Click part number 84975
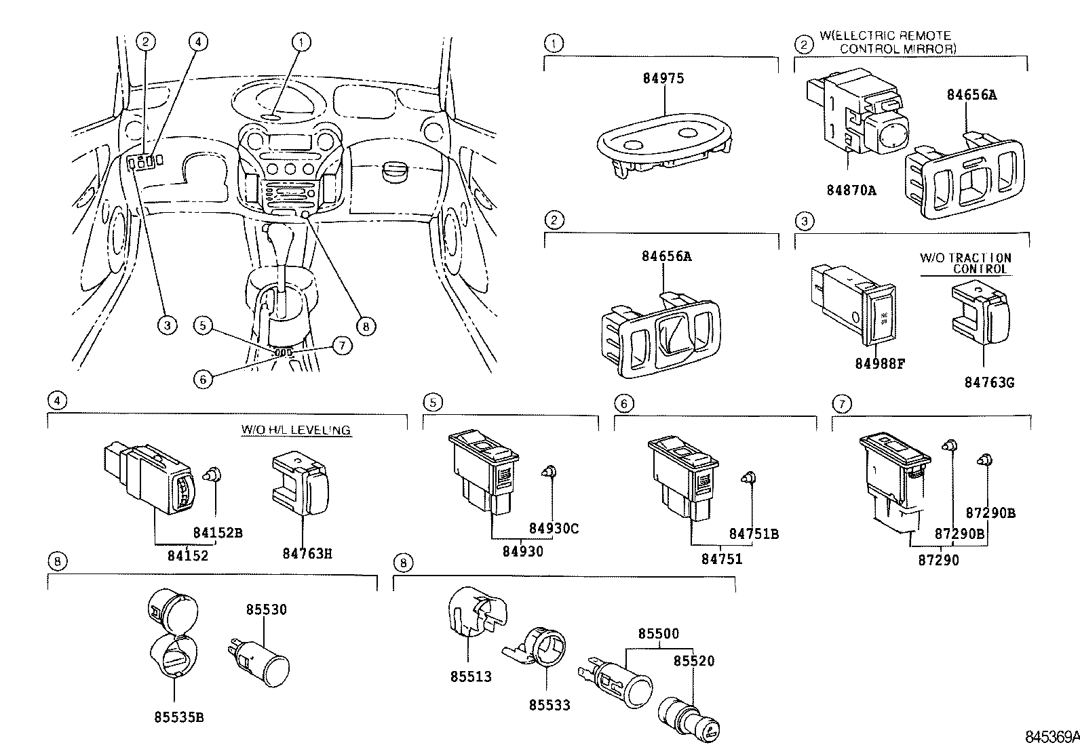click(663, 79)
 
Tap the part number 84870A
click(851, 190)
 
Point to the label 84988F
click(880, 364)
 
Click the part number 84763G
click(988, 382)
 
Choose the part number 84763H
click(307, 554)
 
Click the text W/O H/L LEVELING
click(296, 430)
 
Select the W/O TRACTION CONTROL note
click(965, 263)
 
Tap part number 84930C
click(554, 529)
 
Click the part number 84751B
click(754, 534)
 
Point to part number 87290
click(939, 561)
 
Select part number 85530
click(266, 609)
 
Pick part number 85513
click(470, 677)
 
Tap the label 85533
click(549, 705)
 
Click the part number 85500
click(658, 634)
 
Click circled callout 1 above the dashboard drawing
click(301, 42)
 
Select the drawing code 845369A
click(1052, 736)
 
